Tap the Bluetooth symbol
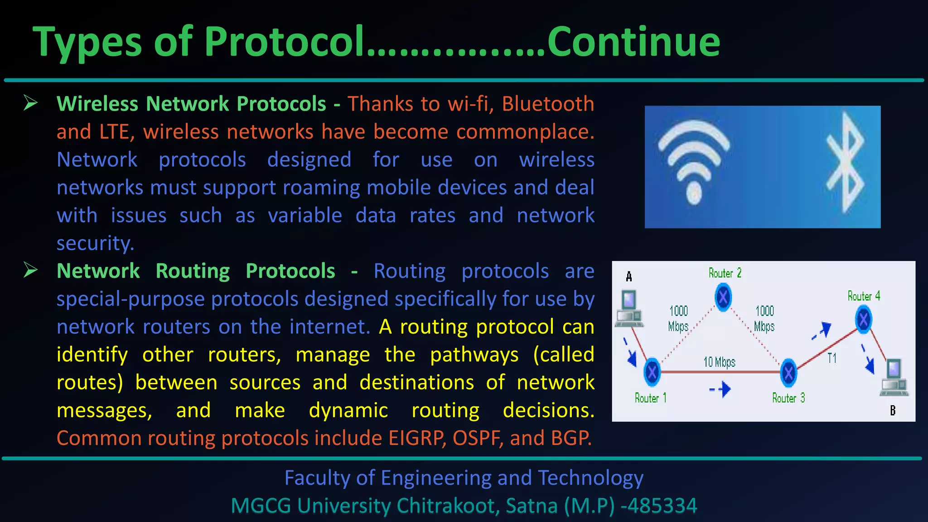845,163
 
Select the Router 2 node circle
723,297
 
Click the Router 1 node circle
652,372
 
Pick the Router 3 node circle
788,373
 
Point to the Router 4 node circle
864,319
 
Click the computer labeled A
629,309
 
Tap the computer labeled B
894,377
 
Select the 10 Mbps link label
719,362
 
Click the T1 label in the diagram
832,358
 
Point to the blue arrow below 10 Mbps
721,389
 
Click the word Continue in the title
633,42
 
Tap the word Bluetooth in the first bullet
548,104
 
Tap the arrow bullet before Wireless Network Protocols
31,103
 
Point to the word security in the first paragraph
95,243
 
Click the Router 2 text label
725,273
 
